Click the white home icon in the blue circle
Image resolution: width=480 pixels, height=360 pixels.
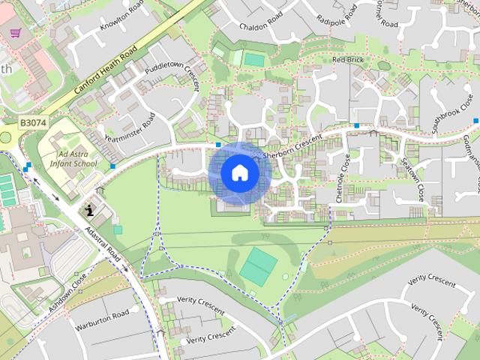[239, 173]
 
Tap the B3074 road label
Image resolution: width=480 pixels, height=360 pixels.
[33, 122]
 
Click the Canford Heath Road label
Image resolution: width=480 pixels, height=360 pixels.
[106, 76]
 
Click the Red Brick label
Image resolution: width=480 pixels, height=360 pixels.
[347, 59]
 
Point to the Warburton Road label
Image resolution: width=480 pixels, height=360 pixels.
[102, 322]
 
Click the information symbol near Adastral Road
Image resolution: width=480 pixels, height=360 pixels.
[88, 208]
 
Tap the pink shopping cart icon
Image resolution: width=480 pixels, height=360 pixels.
[15, 33]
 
